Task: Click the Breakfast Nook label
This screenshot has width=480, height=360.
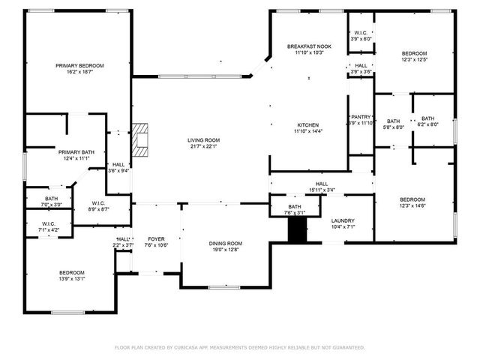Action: (308, 46)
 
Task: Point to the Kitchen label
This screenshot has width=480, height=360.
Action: (308, 124)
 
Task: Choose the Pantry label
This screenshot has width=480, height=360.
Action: (361, 117)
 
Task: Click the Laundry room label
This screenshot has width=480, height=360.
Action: (343, 220)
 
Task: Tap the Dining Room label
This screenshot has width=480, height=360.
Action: (225, 243)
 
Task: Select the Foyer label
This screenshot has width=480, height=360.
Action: (157, 239)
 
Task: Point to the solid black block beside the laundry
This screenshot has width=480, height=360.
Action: (298, 231)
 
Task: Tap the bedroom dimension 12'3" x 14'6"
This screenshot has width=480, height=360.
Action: (412, 205)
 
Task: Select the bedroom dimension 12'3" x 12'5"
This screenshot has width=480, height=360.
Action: (414, 60)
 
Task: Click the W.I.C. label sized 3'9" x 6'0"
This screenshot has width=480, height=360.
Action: (360, 38)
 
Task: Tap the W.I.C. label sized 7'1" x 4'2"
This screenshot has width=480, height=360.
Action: (49, 229)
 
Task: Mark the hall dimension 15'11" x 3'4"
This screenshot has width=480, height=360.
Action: (321, 190)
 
